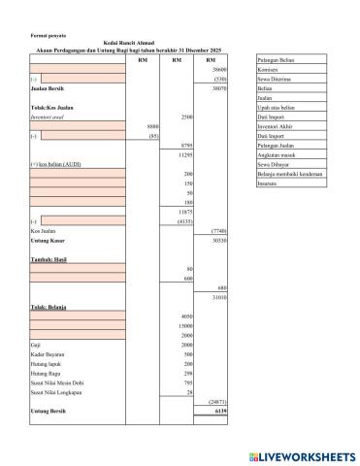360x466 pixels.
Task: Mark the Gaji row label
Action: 36,345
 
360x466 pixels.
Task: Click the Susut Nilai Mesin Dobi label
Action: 59,383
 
